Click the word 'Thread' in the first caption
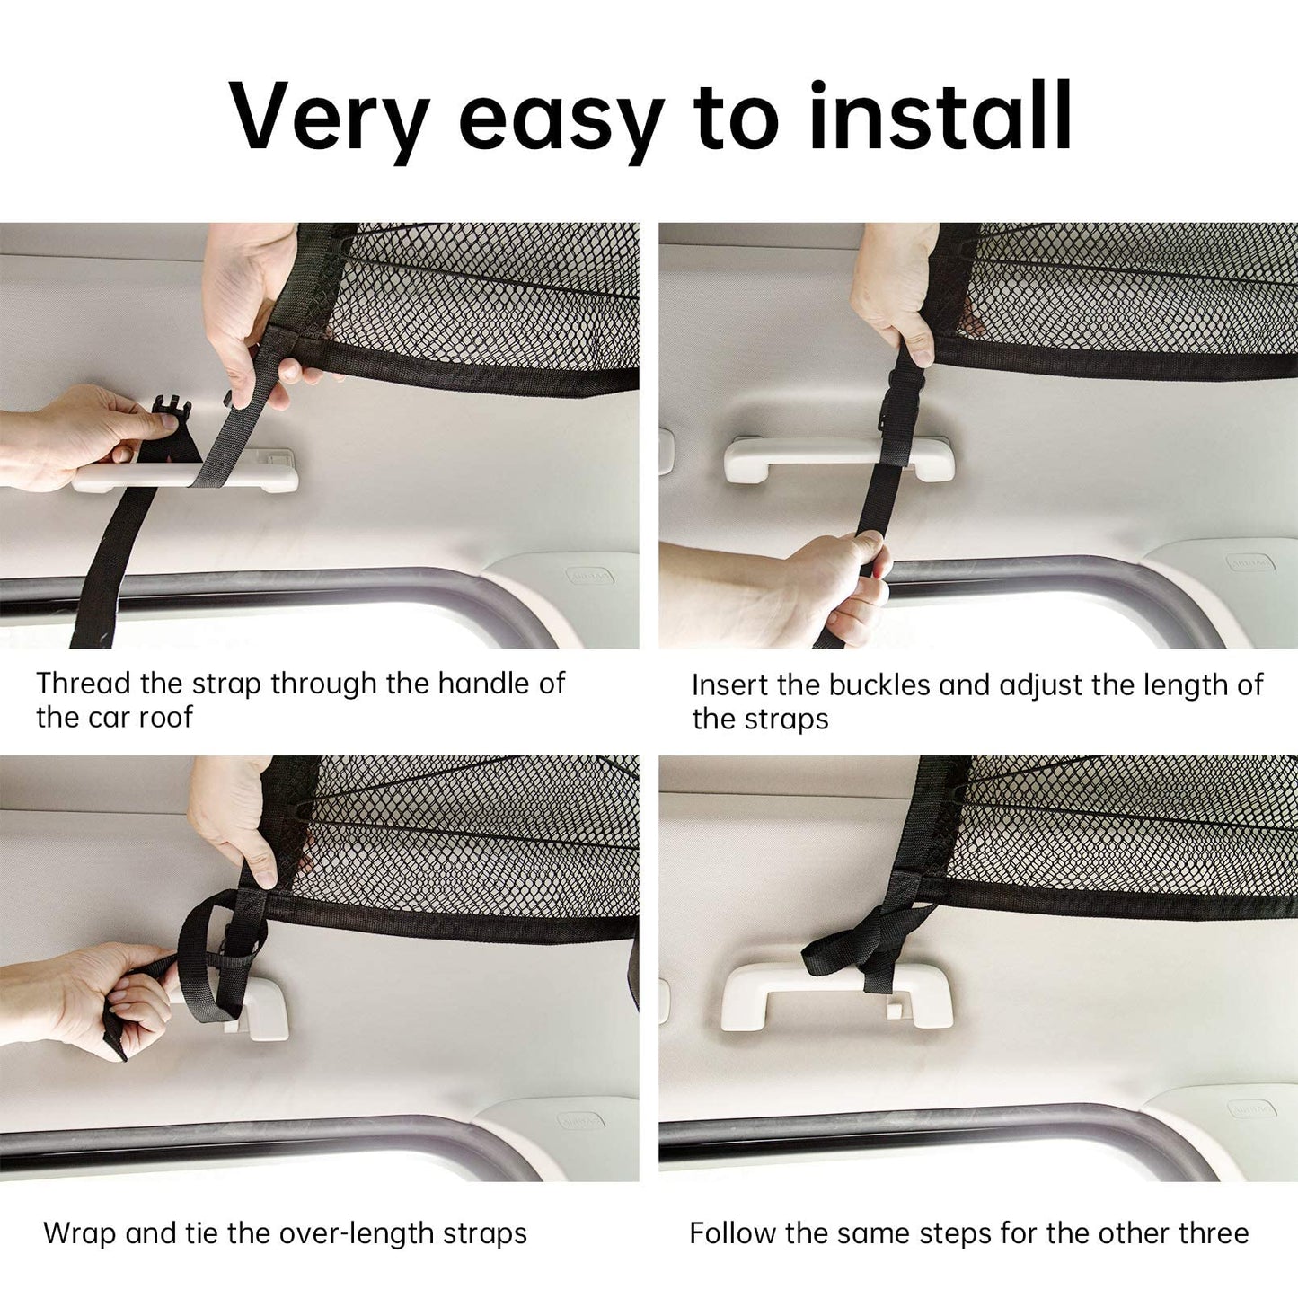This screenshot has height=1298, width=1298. [x=84, y=684]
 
